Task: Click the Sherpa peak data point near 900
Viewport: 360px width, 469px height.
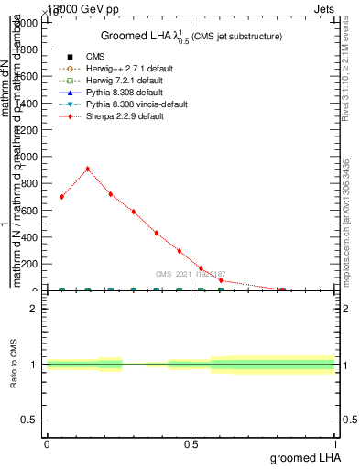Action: click(87, 169)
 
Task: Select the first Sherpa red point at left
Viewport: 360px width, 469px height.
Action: click(61, 197)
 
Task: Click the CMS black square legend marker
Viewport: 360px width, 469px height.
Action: click(70, 57)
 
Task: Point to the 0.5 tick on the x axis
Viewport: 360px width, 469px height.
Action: click(191, 443)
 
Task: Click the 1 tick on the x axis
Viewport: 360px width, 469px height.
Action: click(336, 443)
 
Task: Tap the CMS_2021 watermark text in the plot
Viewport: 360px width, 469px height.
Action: click(190, 274)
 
